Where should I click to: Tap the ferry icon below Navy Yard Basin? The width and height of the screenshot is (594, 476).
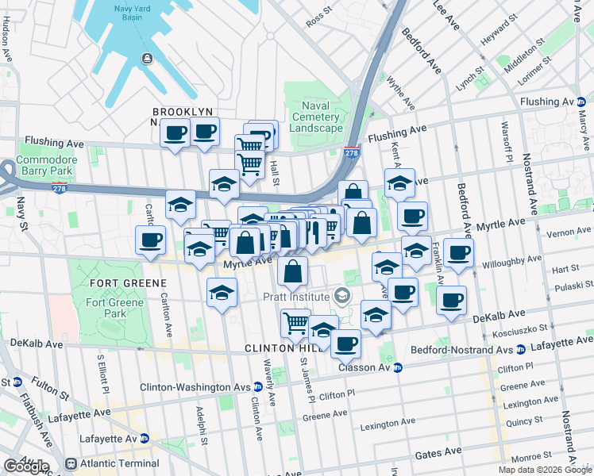(147, 58)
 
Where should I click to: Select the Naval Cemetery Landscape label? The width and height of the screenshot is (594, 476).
(316, 117)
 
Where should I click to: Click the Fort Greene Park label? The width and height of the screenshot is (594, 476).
(116, 308)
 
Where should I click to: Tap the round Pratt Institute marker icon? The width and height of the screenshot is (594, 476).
(342, 297)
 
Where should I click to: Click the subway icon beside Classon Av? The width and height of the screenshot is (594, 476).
(398, 367)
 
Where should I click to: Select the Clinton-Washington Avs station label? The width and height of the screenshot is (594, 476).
(195, 387)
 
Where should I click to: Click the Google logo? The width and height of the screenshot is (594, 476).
(25, 466)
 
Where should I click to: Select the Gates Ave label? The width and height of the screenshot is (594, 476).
(438, 451)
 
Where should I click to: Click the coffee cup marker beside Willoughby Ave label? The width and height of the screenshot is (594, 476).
(457, 252)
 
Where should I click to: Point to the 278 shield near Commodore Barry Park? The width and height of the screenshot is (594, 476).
(59, 188)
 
